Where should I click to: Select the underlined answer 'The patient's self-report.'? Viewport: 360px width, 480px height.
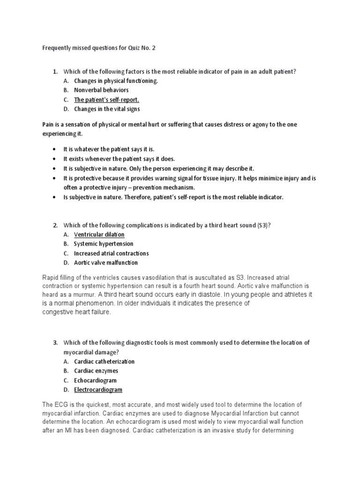pyautogui.click(x=107, y=99)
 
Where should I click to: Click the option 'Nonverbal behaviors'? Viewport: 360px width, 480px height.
pyautogui.click(x=101, y=90)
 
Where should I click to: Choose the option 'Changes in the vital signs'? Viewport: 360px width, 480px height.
pyautogui.click(x=107, y=109)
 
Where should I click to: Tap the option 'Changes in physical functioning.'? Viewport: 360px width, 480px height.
pyautogui.click(x=116, y=81)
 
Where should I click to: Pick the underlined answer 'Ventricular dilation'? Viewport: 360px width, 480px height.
pyautogui.click(x=99, y=234)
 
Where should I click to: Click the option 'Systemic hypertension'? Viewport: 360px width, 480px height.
pyautogui.click(x=104, y=244)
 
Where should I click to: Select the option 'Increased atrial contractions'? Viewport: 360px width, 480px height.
pyautogui.click(x=112, y=253)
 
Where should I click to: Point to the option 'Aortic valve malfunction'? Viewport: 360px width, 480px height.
pyautogui.click(x=106, y=262)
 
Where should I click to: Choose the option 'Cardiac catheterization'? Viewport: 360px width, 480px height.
pyautogui.click(x=105, y=361)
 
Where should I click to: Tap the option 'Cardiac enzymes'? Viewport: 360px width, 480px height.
pyautogui.click(x=96, y=371)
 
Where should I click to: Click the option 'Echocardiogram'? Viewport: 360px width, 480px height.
pyautogui.click(x=96, y=380)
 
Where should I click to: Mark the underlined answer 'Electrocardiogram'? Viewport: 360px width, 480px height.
pyautogui.click(x=98, y=390)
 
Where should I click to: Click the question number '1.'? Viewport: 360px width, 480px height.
pyautogui.click(x=55, y=71)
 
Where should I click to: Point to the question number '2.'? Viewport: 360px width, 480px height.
pyautogui.click(x=55, y=225)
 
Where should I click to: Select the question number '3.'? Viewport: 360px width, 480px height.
pyautogui.click(x=55, y=343)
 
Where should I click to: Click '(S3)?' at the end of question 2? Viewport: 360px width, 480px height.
pyautogui.click(x=264, y=225)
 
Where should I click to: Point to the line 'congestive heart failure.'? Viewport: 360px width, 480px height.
pyautogui.click(x=77, y=312)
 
